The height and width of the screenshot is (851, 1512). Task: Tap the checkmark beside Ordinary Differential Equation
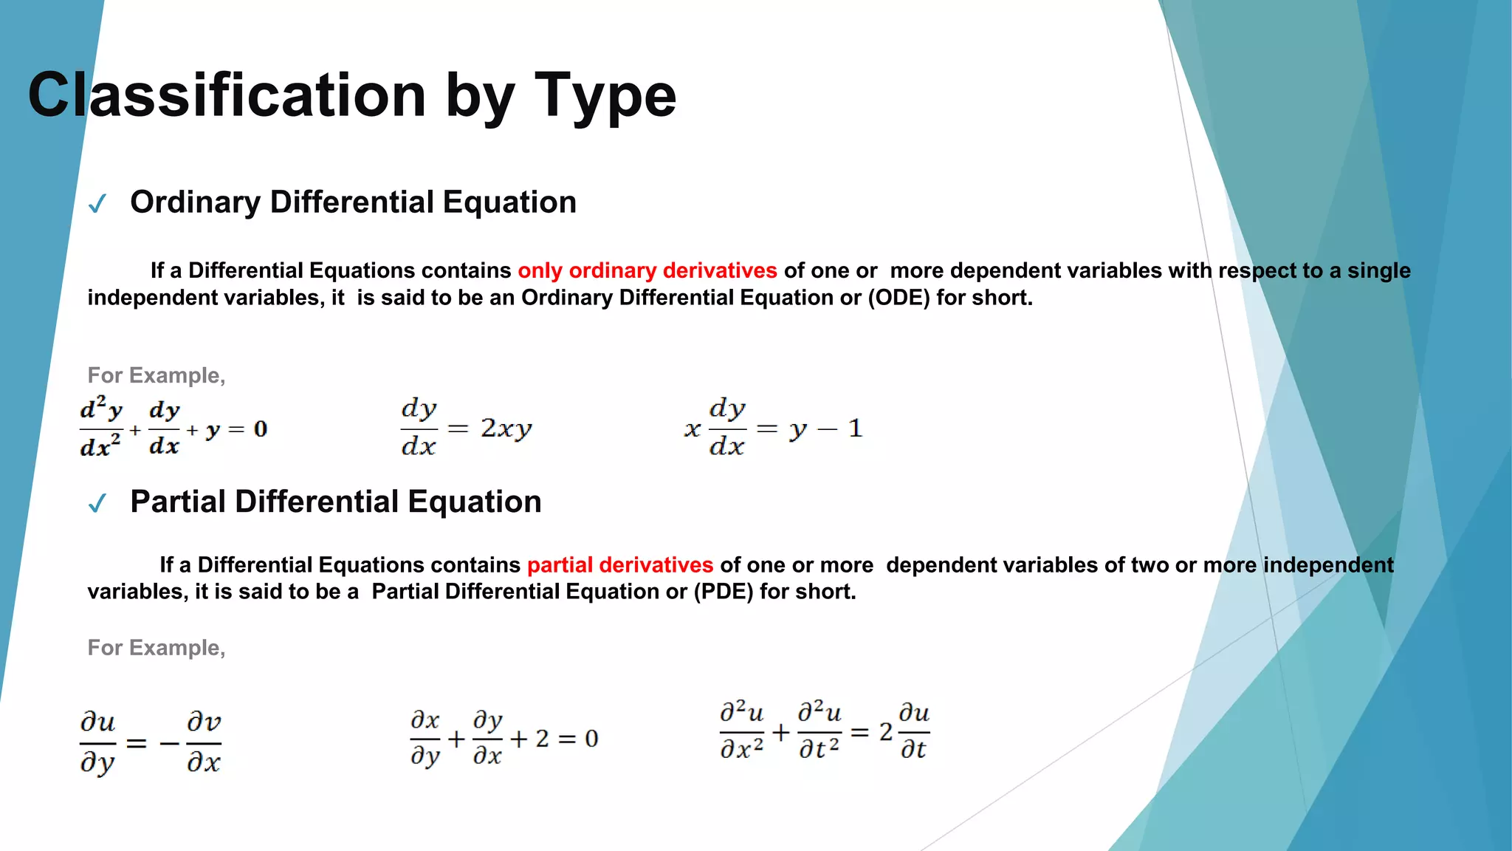(x=97, y=204)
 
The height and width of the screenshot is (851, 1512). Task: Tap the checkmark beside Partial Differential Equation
(x=97, y=504)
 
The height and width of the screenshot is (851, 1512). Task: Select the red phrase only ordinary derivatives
(x=647, y=270)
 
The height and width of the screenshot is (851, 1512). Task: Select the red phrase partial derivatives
(x=619, y=565)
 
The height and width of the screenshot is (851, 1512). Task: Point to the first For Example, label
(x=156, y=375)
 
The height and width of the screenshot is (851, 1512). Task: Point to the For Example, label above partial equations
(x=156, y=648)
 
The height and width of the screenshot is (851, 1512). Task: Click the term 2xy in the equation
(x=506, y=428)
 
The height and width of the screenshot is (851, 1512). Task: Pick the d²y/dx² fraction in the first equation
(x=101, y=428)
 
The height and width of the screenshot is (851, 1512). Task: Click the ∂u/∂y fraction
(x=98, y=742)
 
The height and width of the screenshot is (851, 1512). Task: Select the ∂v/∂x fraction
(x=204, y=742)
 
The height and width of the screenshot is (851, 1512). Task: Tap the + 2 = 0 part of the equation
(x=554, y=739)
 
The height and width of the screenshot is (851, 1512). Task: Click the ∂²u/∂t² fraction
(x=819, y=731)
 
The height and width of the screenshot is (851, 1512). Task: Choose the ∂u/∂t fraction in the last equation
(x=914, y=731)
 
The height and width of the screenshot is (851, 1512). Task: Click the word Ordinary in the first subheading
(x=195, y=202)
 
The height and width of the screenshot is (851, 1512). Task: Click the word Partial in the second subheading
(x=177, y=502)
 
